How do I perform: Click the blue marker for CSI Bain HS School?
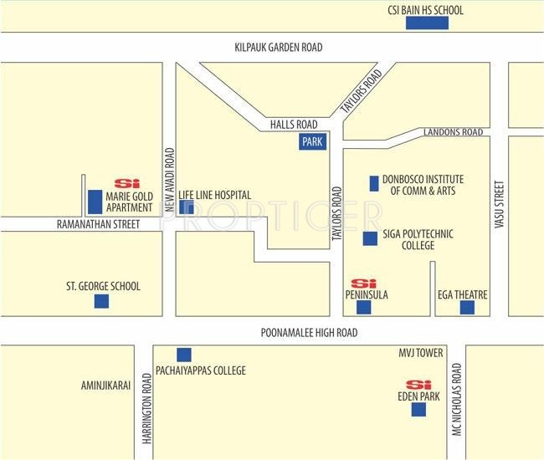[x=427, y=23]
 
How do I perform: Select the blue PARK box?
[x=312, y=142]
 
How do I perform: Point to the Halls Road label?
[x=291, y=124]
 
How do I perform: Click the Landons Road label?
[x=453, y=132]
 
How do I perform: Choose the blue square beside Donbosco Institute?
[x=374, y=183]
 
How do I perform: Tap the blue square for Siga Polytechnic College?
[x=370, y=238]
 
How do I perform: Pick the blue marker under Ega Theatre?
[x=467, y=308]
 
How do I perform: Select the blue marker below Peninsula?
[x=363, y=308]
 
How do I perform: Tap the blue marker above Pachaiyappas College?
[x=183, y=355]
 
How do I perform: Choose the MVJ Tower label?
[x=421, y=353]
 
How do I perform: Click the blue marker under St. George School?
[x=101, y=301]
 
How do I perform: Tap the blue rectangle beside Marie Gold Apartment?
[x=95, y=202]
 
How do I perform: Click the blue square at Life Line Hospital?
[x=187, y=207]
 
